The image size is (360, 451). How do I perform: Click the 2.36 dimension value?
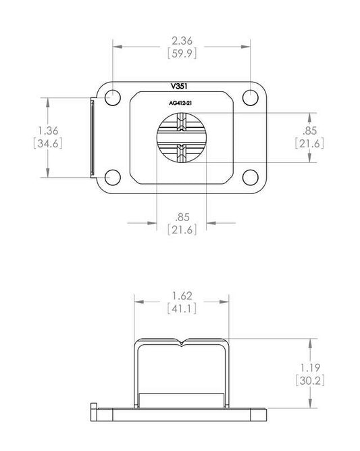[x=182, y=41]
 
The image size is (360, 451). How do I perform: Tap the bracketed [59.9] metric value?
[x=182, y=53]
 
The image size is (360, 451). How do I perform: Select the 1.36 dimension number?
[x=48, y=130]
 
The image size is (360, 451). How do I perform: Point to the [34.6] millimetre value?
[x=48, y=143]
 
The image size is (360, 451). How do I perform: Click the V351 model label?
[x=179, y=87]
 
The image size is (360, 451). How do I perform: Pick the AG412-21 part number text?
[x=180, y=103]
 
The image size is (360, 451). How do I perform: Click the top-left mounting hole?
[x=112, y=98]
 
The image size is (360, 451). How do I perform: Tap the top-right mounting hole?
[x=251, y=98]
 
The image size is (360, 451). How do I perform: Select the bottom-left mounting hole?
[x=112, y=177]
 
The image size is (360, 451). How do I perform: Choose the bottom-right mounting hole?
[x=251, y=177]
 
